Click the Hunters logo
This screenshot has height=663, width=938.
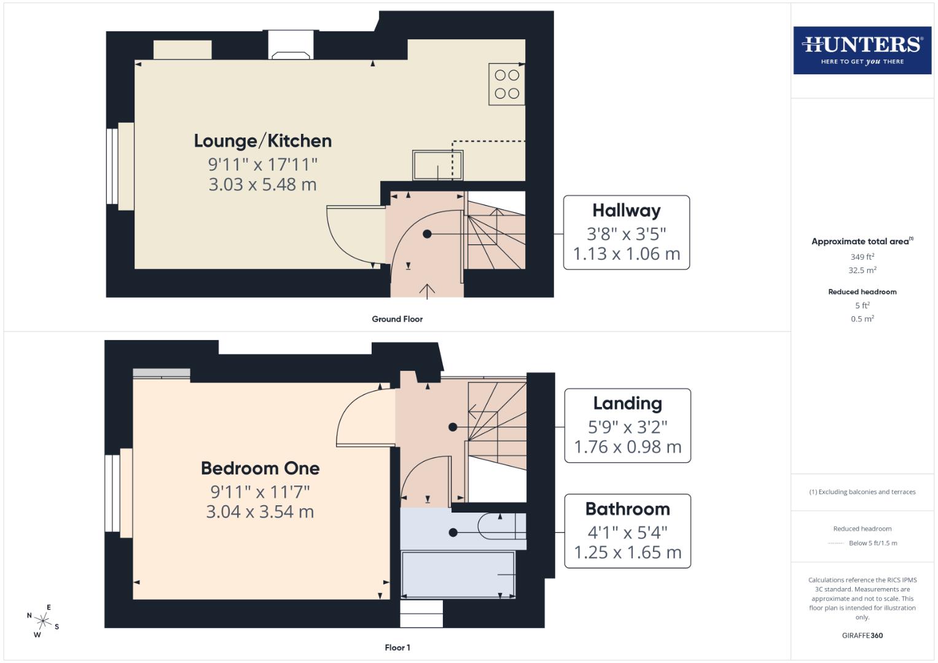click(x=862, y=50)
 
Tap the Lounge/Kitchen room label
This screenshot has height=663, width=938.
click(x=263, y=141)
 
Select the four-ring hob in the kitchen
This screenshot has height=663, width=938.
click(x=507, y=84)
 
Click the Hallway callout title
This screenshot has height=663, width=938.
click(x=626, y=211)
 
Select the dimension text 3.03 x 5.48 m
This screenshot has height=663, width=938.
click(x=262, y=184)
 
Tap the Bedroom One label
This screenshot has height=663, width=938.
click(x=260, y=468)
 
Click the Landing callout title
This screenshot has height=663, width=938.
click(x=627, y=403)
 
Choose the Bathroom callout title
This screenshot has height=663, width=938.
click(x=627, y=509)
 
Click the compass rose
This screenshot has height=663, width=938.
click(x=42, y=621)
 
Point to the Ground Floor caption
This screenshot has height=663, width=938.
click(x=397, y=319)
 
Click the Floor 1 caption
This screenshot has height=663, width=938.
click(x=397, y=648)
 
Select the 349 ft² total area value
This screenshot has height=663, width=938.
click(x=862, y=257)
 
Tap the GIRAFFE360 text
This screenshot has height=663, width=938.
click(x=862, y=635)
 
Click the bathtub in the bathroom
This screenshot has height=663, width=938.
click(x=458, y=575)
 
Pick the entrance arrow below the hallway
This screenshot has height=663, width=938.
click(x=427, y=291)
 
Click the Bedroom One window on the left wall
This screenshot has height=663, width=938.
click(x=112, y=493)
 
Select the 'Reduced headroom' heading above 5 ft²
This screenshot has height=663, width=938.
click(x=862, y=292)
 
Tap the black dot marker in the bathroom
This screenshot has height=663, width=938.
click(x=453, y=532)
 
